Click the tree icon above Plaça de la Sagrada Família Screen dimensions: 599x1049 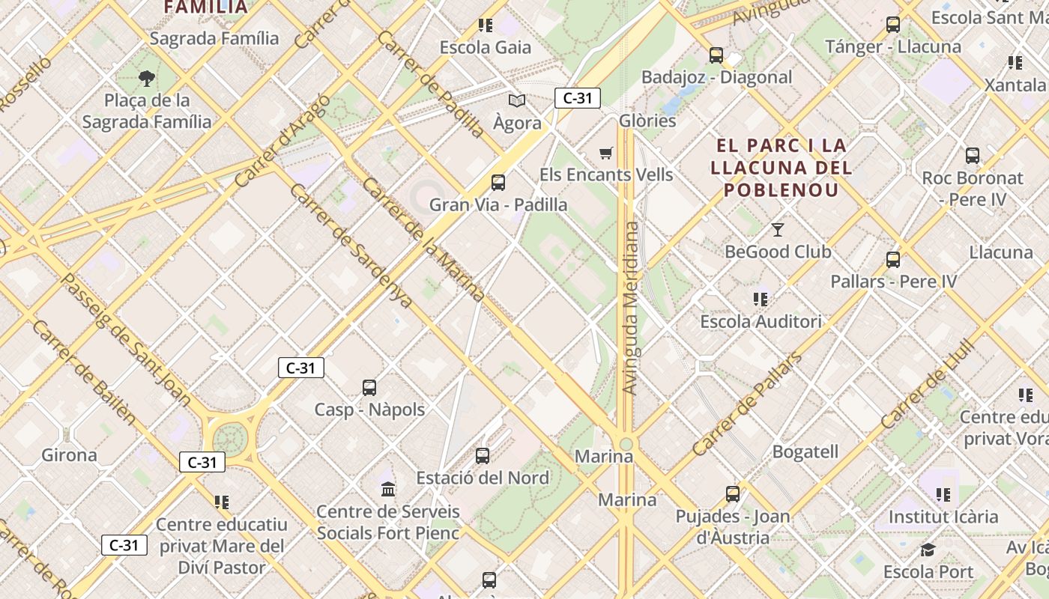(147, 78)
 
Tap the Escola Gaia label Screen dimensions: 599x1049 (485, 47)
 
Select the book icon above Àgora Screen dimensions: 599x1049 (516, 100)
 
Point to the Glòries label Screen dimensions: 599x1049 (647, 121)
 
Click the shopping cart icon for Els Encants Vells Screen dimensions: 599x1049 (606, 153)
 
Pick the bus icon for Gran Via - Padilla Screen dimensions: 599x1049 (498, 182)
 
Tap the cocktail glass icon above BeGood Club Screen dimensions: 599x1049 (778, 229)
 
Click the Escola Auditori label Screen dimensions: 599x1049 (761, 321)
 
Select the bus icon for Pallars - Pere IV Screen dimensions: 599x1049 (893, 260)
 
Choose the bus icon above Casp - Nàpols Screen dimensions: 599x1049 (369, 387)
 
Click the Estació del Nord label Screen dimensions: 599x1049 (483, 478)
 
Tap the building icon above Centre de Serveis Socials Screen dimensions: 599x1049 (388, 490)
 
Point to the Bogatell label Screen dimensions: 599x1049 (805, 451)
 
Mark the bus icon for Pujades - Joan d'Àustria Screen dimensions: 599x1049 (733, 494)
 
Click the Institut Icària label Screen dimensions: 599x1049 (943, 517)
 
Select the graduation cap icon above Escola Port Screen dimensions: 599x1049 (928, 550)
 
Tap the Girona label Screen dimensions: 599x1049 (69, 454)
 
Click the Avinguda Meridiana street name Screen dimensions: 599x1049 (631, 307)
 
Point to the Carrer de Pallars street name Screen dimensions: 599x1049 (746, 405)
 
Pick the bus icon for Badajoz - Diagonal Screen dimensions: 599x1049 (716, 55)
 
